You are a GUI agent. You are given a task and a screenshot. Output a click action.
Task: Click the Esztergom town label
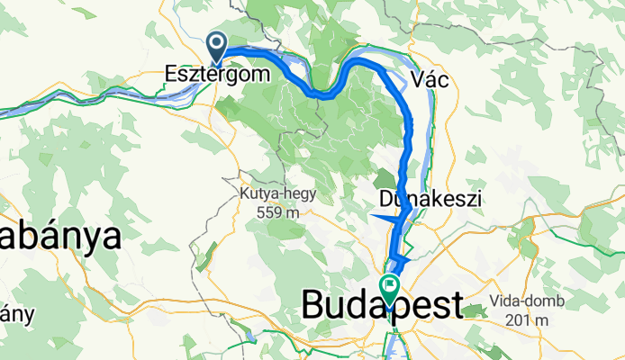coord(217,76)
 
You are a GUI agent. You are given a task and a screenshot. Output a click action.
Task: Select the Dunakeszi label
coord(431,197)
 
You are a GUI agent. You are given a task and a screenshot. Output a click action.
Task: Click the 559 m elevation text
coord(270,212)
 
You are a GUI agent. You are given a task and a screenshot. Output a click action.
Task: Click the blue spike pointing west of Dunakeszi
coord(378,216)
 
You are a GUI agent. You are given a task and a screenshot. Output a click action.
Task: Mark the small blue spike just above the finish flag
coord(403,260)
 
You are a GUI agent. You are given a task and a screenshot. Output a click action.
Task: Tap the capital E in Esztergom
coord(172,76)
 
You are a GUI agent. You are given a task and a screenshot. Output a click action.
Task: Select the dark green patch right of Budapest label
coord(478,311)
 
